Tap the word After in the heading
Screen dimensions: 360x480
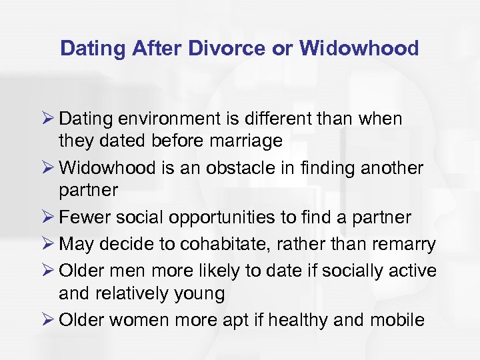pos(159,48)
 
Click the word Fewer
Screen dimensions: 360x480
pos(83,217)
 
